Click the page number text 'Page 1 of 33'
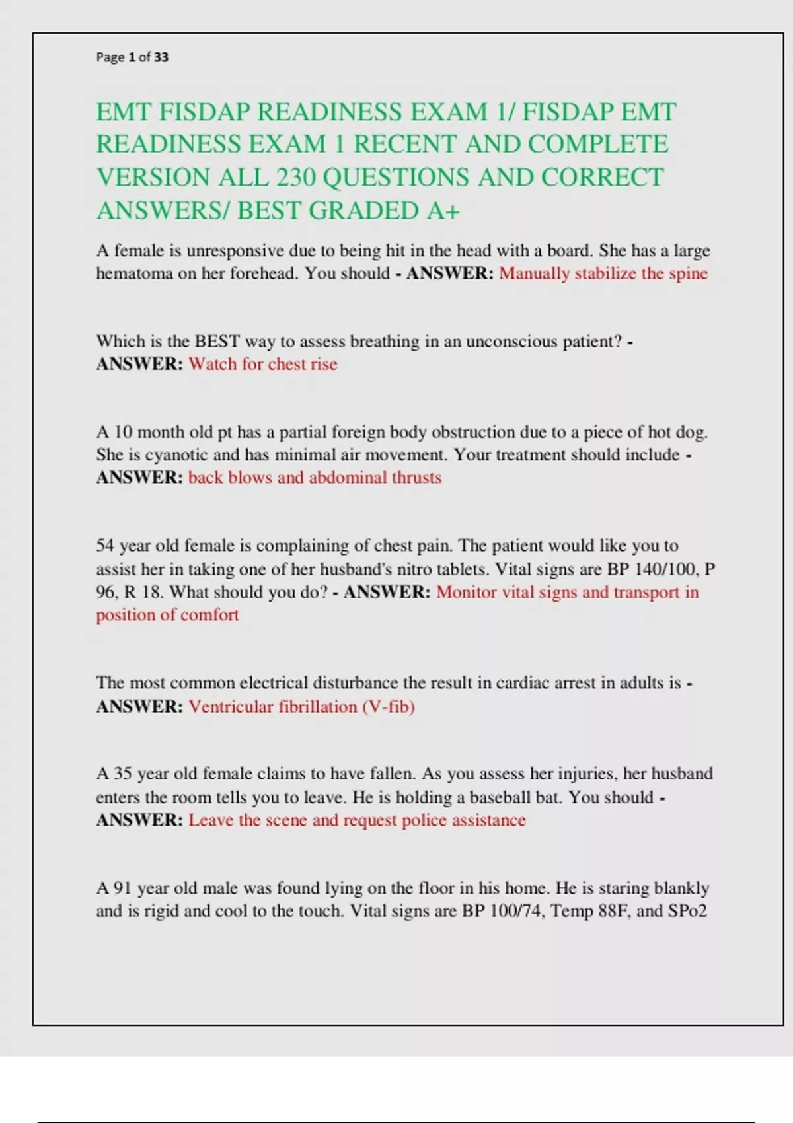tap(132, 57)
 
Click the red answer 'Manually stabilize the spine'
tap(603, 273)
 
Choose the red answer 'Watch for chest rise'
tap(263, 364)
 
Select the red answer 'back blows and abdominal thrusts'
tap(315, 478)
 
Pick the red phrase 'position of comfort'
tap(167, 615)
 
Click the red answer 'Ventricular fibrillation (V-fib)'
tap(301, 707)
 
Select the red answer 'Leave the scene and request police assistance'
tap(357, 820)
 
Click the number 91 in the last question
tap(123, 888)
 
